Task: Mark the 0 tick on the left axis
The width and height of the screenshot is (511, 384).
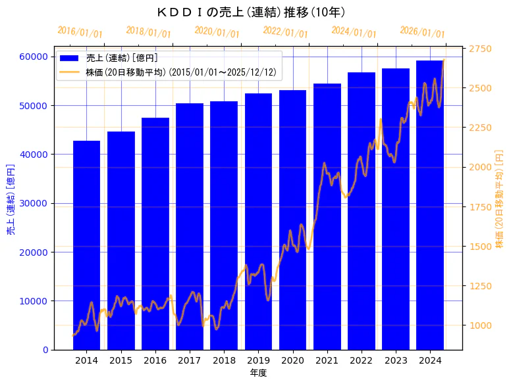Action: (45, 350)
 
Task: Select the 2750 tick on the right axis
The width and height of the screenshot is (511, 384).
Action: (480, 49)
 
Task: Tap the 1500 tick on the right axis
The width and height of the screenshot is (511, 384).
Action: (480, 247)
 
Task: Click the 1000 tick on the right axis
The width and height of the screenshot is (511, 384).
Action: (480, 325)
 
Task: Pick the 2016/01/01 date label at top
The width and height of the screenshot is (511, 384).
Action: (80, 32)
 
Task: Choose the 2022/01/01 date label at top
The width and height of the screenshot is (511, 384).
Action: (285, 32)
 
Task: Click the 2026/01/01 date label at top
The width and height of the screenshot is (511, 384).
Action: (422, 32)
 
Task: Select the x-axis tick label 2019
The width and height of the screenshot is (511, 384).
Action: (258, 360)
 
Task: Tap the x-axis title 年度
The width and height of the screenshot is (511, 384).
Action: (258, 373)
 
